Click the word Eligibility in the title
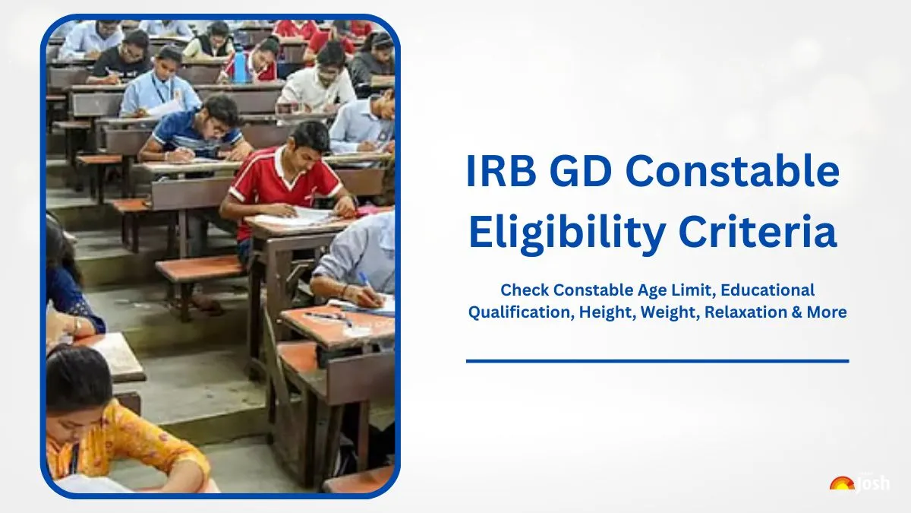point(567,232)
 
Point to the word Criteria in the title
point(758,231)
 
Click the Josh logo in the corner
point(859,483)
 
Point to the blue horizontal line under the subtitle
point(657,361)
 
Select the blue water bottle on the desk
point(241,66)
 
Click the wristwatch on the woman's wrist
point(77,326)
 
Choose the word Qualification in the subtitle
point(521,312)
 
